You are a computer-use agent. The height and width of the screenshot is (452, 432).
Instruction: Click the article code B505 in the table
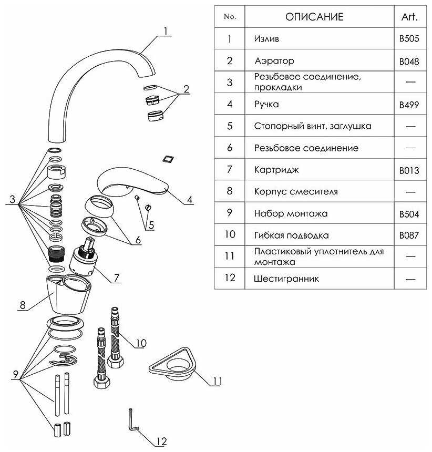point(409,39)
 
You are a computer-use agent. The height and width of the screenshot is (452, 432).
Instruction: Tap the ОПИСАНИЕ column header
point(314,17)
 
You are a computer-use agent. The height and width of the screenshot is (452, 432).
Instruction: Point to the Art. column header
point(409,17)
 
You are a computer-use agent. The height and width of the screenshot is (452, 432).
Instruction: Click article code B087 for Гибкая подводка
point(409,235)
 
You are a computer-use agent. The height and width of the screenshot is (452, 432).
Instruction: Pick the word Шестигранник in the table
point(286,279)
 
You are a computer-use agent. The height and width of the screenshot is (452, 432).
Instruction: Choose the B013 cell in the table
point(409,170)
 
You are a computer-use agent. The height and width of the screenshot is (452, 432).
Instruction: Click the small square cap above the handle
point(169,158)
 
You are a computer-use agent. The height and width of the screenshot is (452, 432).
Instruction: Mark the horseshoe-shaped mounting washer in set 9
point(65,362)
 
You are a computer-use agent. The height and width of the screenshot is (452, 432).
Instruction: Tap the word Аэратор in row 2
point(274,61)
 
